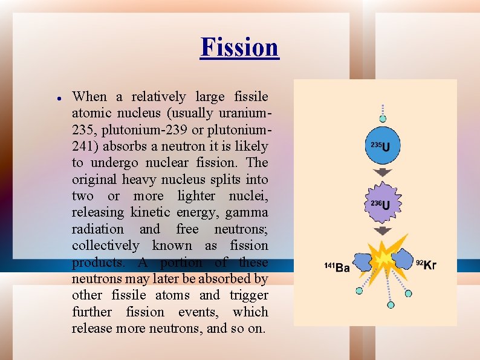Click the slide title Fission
[239, 47]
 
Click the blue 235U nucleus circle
[382, 146]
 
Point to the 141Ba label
[337, 267]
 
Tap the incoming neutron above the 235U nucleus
[382, 119]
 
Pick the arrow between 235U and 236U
[382, 173]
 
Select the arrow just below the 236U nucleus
[382, 231]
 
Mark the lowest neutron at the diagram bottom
[391, 305]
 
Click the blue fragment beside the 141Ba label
[363, 261]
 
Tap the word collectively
[105, 246]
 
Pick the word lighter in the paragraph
[196, 196]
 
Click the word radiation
[97, 229]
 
